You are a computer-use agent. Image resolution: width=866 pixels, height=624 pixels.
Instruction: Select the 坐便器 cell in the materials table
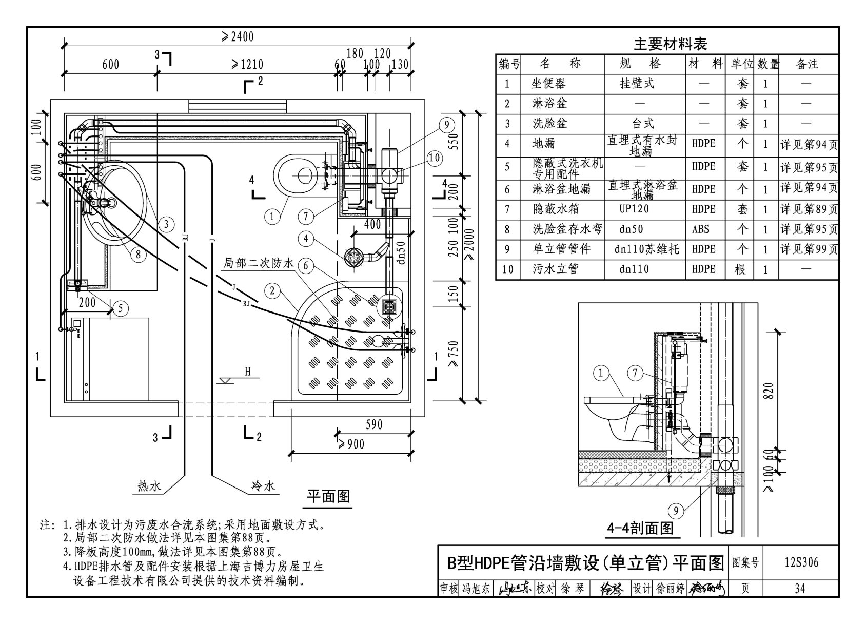click(x=548, y=84)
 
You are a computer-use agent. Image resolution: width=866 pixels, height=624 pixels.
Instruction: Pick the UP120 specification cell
click(x=634, y=209)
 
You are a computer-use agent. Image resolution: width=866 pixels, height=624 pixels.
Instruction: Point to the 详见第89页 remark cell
click(x=809, y=209)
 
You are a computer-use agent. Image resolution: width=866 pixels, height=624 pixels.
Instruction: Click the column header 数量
click(x=768, y=64)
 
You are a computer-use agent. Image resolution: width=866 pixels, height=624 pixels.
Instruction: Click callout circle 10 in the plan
click(x=434, y=158)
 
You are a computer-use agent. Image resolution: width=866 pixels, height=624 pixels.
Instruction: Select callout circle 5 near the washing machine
click(x=120, y=308)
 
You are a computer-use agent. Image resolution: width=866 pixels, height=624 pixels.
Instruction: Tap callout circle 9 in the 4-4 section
click(x=676, y=510)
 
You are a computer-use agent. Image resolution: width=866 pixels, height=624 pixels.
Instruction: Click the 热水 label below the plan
click(x=149, y=485)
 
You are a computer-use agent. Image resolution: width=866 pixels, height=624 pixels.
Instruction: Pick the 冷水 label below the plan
click(x=263, y=485)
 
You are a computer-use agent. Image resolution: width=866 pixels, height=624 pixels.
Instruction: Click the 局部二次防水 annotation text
click(x=258, y=263)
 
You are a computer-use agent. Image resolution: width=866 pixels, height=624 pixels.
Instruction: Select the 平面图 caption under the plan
click(x=328, y=497)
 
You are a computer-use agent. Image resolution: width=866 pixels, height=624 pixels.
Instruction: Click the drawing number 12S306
click(x=801, y=562)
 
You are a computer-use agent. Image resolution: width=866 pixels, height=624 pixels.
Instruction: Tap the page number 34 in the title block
click(x=800, y=589)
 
